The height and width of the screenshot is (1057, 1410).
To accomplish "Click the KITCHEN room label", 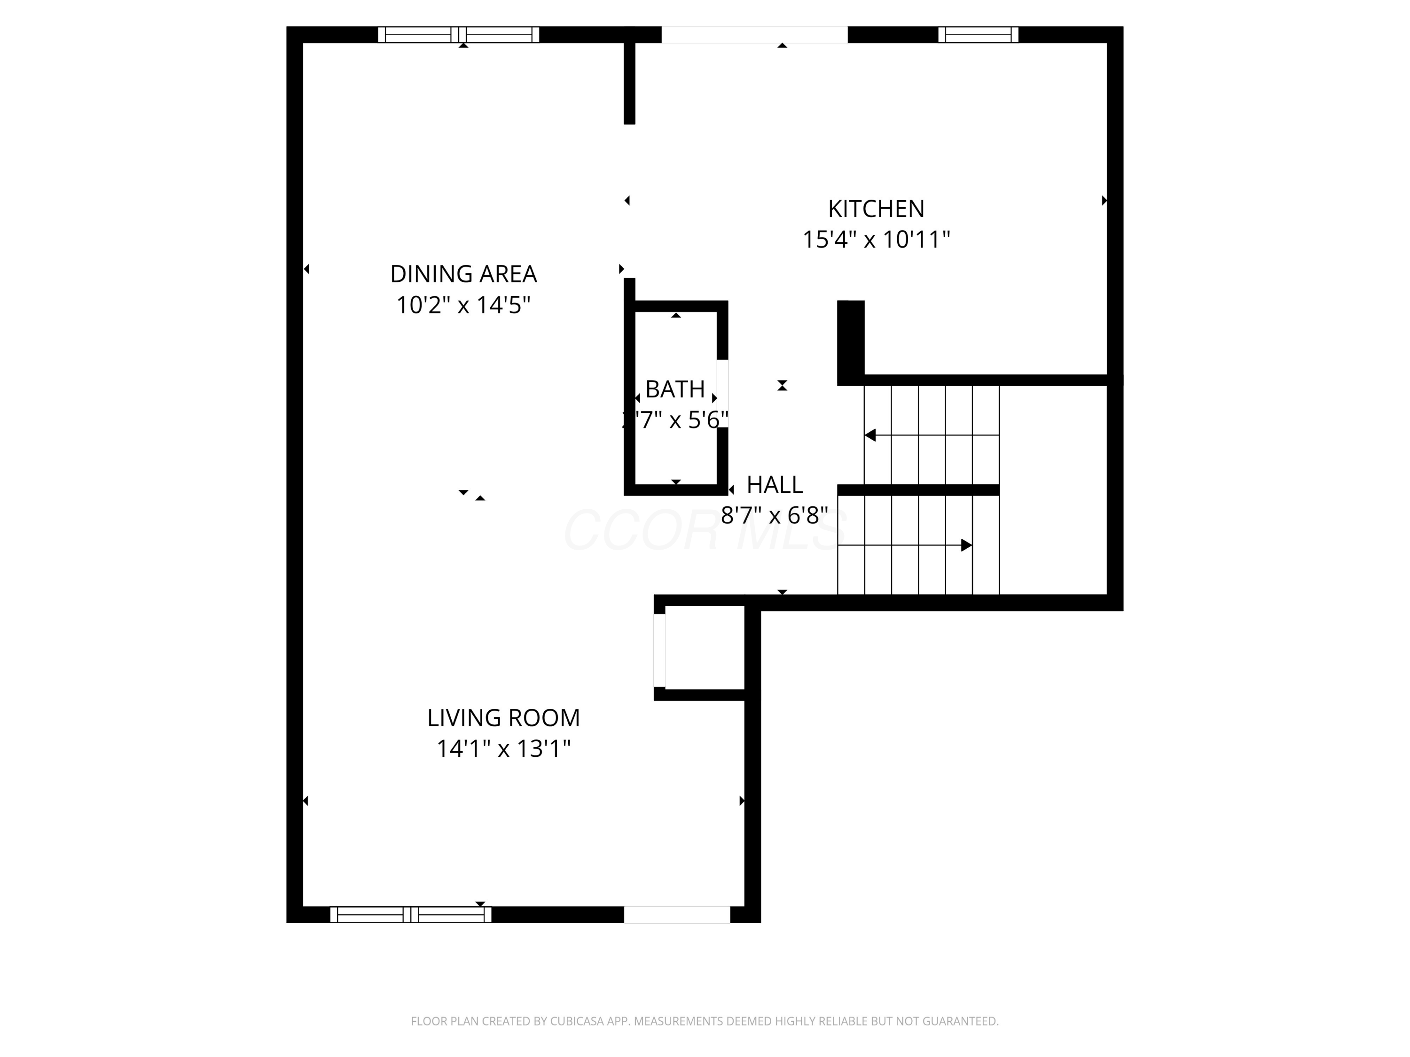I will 876,209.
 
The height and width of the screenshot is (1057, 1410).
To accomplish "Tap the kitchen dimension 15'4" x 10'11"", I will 876,240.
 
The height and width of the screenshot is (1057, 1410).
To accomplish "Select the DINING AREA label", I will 463,274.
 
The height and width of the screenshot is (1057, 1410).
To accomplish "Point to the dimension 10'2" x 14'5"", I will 463,305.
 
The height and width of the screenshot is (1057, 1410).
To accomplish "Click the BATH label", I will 674,389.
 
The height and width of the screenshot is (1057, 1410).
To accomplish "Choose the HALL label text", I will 775,485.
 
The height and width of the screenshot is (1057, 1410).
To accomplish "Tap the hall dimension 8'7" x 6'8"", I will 775,515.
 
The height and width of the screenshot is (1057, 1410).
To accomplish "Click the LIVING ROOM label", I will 503,718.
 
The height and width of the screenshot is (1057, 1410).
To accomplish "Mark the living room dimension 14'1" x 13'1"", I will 503,749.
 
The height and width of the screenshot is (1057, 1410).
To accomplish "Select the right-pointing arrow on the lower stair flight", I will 966,545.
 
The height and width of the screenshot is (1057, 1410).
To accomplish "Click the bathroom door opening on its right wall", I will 722,394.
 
